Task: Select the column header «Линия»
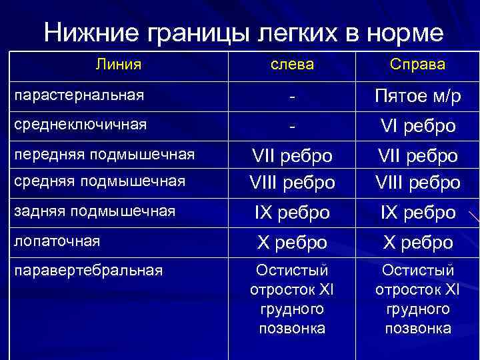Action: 118,65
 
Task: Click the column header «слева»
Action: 291,65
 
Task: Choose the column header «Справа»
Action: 417,65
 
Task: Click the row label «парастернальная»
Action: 79,95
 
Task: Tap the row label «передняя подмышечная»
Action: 103,155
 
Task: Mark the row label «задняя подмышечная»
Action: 94,211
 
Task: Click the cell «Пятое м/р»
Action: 417,97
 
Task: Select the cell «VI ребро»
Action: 417,126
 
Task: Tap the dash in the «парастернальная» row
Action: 291,97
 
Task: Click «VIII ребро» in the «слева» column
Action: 291,182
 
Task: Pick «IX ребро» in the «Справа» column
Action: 417,213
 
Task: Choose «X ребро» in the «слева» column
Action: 291,243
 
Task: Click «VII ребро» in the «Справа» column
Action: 417,157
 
